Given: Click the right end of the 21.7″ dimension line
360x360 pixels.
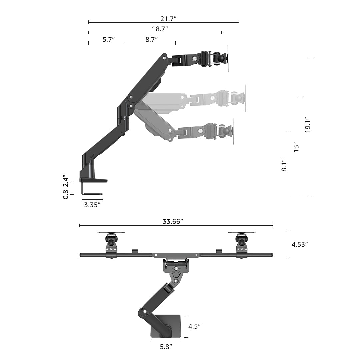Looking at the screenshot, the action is click(x=239, y=22).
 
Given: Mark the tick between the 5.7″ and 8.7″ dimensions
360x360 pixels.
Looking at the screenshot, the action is click(x=124, y=43).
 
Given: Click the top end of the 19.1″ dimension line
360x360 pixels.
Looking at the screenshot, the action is click(x=311, y=58).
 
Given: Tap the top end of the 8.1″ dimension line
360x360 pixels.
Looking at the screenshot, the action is click(x=288, y=132).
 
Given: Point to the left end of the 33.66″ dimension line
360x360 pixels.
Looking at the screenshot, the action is click(x=79, y=225).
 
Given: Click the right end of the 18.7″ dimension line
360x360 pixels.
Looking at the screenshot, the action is click(x=222, y=33).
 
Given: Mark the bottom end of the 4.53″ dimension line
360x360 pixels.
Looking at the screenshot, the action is click(x=288, y=257).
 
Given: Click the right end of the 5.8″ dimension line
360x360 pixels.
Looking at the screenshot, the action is click(x=181, y=341).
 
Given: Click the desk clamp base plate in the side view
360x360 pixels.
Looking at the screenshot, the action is click(x=93, y=180).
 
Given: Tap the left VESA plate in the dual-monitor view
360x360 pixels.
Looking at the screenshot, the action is click(x=111, y=232).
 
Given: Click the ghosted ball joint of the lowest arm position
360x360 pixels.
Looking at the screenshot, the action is click(x=226, y=131).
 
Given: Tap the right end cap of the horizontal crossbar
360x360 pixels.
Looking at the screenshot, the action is click(x=271, y=255).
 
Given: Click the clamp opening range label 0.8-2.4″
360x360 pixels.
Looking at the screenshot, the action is click(x=66, y=188).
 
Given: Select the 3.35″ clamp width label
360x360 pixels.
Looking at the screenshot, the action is click(x=92, y=205).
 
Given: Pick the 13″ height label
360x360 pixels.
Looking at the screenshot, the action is click(x=296, y=147).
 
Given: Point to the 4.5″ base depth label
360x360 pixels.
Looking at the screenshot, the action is click(x=194, y=326).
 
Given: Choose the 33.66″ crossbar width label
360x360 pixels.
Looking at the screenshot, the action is click(x=173, y=222).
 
